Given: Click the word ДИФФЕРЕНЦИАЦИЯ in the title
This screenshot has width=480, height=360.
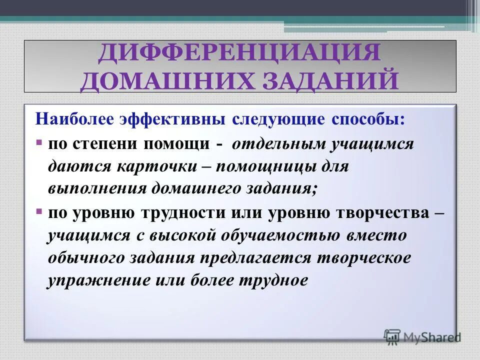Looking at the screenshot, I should coord(239,53).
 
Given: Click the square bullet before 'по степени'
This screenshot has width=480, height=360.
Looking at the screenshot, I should coord(39,143).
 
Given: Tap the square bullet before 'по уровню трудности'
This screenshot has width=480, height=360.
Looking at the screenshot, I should coord(39,212).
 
